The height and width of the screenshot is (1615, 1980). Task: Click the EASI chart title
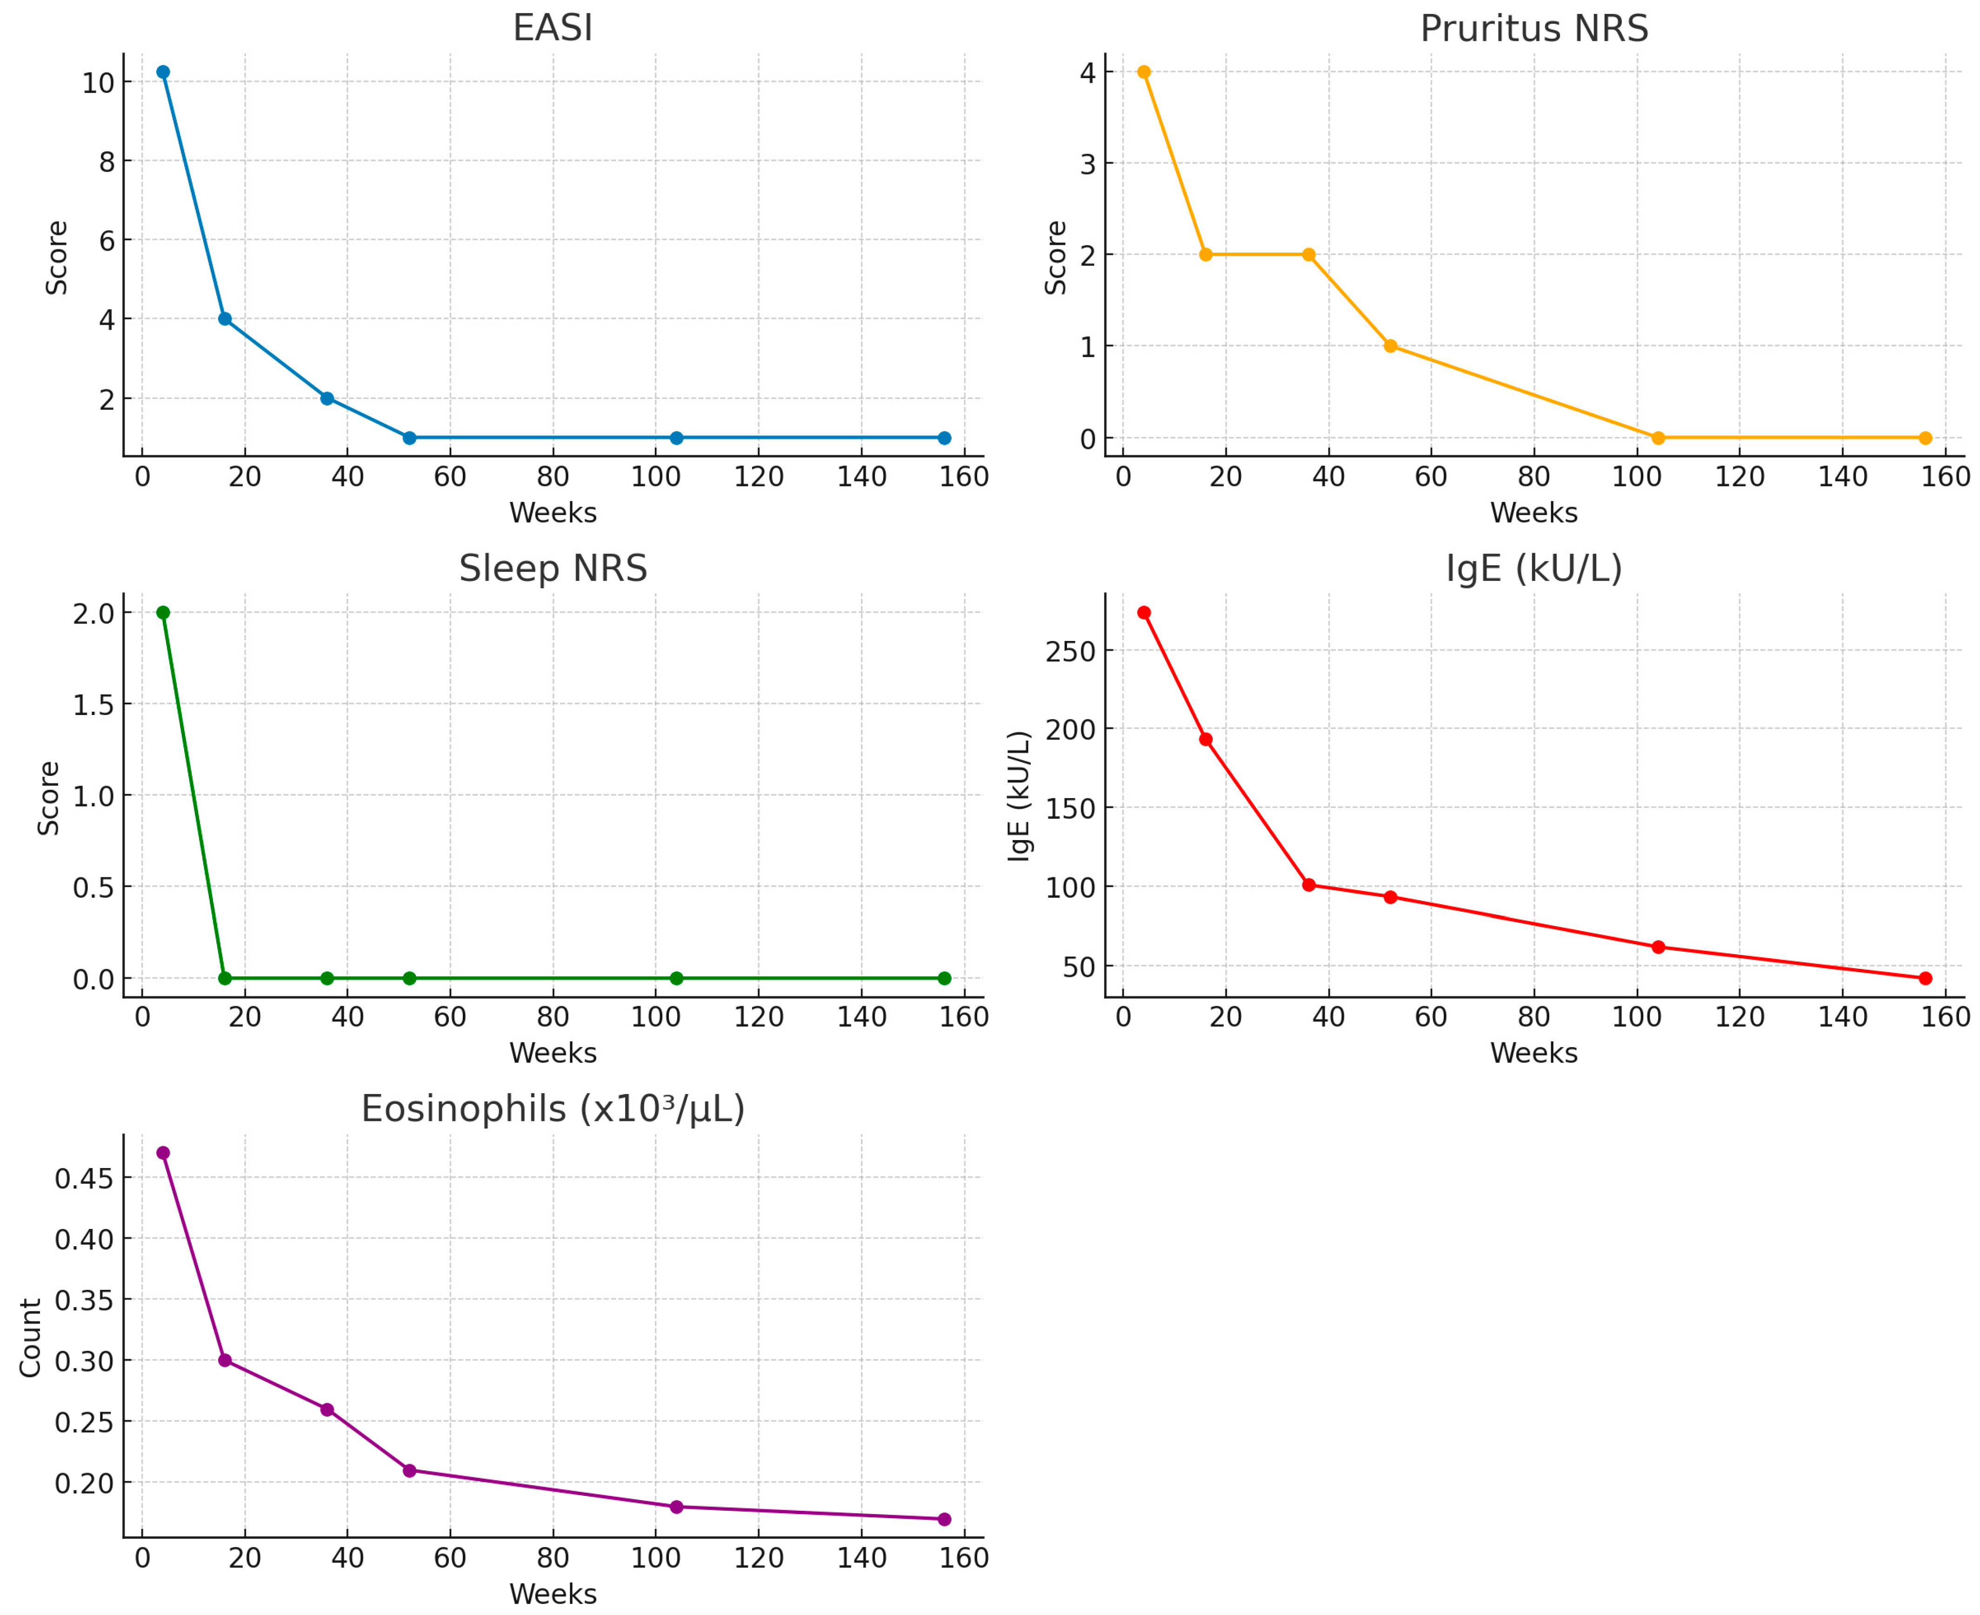tap(553, 28)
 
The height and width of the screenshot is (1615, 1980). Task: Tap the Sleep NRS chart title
tap(553, 568)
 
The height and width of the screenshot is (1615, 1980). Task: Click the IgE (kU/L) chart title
tap(1533, 568)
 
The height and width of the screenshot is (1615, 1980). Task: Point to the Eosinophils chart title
tap(553, 1109)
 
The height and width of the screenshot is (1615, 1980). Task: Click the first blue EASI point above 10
tap(163, 72)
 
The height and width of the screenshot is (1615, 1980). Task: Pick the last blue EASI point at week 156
tap(944, 437)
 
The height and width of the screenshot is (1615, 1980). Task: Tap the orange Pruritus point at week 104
tap(1657, 437)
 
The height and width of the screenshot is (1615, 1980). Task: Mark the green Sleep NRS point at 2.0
tap(163, 612)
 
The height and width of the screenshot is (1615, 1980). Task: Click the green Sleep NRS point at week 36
tap(327, 978)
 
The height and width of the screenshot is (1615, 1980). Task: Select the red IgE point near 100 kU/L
tap(1308, 885)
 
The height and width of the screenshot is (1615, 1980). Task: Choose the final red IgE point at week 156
tap(1925, 978)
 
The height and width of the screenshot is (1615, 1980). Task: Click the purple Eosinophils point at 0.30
tap(224, 1360)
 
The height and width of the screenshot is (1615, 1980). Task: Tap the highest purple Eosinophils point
tap(163, 1153)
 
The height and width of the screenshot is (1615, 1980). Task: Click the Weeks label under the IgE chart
tap(1533, 1053)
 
